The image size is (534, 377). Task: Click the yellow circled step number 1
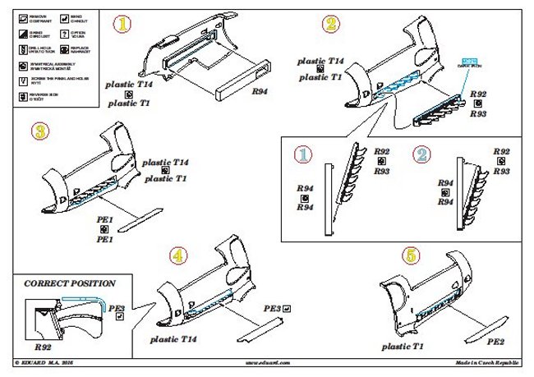[x=123, y=25]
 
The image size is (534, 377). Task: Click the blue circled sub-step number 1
[x=304, y=154]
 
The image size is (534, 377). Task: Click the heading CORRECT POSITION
[x=69, y=283]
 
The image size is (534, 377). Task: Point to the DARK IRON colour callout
[x=471, y=65]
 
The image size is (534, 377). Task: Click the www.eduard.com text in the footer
[x=267, y=362]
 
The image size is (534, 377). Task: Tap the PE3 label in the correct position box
[x=117, y=309]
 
